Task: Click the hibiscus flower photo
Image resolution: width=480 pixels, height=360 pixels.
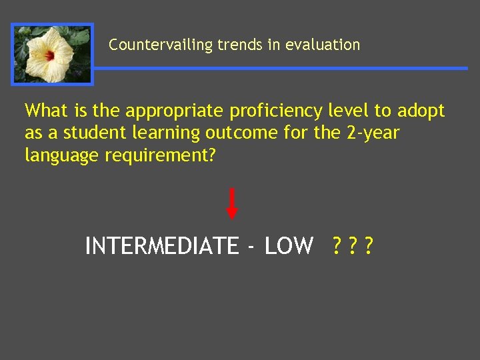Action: click(x=53, y=55)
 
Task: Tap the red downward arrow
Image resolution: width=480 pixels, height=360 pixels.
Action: click(x=231, y=203)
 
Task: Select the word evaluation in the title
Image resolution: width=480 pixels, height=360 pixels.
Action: click(x=322, y=45)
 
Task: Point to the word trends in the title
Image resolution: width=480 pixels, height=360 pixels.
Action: click(x=243, y=45)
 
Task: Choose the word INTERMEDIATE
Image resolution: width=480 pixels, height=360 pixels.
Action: click(x=161, y=246)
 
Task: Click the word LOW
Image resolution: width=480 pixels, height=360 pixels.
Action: click(x=289, y=246)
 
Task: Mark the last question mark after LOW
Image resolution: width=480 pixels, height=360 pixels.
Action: click(x=369, y=246)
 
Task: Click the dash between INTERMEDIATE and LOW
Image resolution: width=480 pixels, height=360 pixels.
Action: click(x=250, y=247)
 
